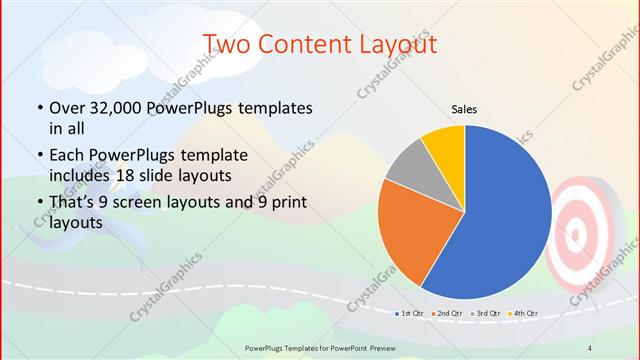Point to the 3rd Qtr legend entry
pyautogui.click(x=484, y=314)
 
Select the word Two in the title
pyautogui.click(x=224, y=44)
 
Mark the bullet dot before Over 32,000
pyautogui.click(x=39, y=108)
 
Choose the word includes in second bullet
pyautogui.click(x=75, y=176)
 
